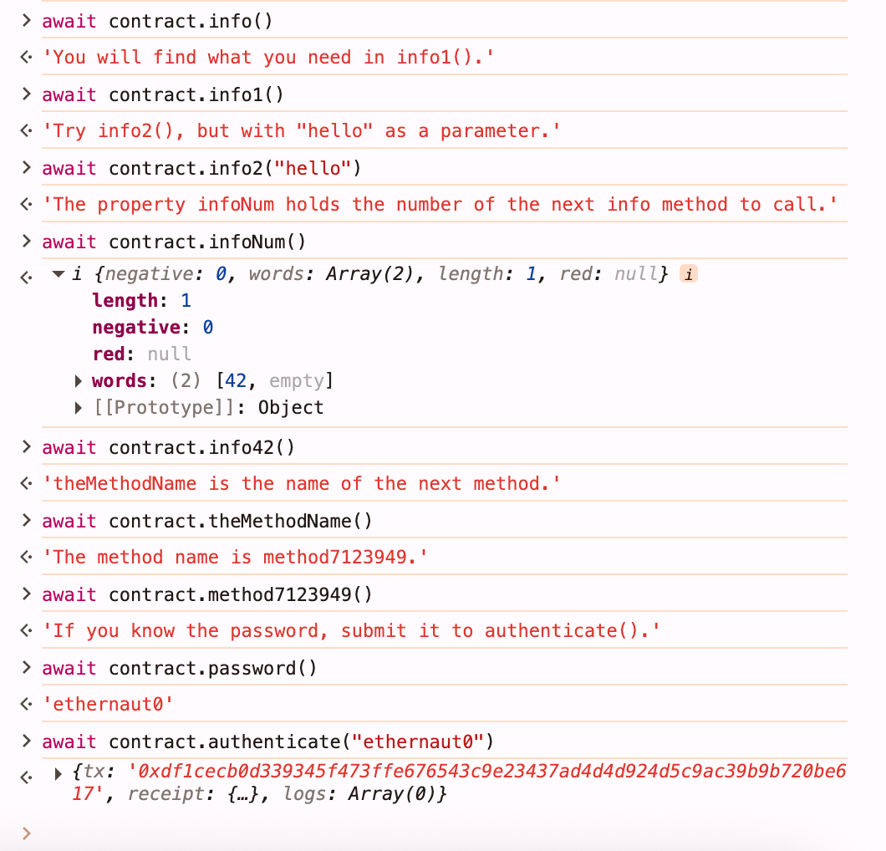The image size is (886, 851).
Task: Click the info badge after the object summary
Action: point(688,274)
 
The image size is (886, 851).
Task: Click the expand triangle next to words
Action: point(79,381)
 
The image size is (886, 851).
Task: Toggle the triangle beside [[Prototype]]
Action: point(79,408)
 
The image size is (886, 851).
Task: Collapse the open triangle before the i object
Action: point(59,274)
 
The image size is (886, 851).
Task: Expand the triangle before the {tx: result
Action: point(58,773)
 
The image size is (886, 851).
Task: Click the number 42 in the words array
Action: point(236,381)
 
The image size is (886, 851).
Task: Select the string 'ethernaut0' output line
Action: point(108,704)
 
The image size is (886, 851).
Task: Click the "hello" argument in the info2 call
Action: point(313,168)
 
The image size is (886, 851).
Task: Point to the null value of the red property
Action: point(170,354)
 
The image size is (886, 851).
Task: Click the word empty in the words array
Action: point(296,381)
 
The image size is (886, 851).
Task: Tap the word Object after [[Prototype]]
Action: point(290,407)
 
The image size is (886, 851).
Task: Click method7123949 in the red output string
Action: point(335,557)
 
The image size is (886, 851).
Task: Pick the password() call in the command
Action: point(262,669)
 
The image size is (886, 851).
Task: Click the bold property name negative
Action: point(136,327)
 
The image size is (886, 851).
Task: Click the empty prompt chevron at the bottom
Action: point(26,833)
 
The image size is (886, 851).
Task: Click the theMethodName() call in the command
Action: point(290,521)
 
